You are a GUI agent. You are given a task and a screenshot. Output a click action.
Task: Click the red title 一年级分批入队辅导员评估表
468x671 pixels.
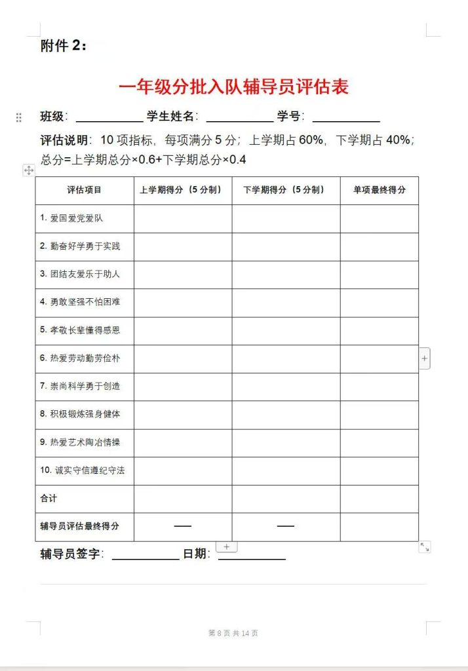233,86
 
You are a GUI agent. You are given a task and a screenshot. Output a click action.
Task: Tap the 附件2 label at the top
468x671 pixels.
64,46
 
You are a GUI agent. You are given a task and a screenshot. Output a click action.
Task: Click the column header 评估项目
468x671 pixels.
85,190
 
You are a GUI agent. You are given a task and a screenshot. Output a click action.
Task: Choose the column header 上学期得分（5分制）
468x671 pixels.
183,190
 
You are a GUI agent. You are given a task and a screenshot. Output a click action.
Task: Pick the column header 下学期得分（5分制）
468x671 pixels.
285,190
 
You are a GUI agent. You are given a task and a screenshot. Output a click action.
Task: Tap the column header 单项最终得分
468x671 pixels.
379,190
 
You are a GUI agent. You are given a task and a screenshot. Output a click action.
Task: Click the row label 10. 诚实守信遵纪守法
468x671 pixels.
82,470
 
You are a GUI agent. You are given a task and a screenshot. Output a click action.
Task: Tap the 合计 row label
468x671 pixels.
49,498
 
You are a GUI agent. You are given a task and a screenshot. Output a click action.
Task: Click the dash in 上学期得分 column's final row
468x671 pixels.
183,526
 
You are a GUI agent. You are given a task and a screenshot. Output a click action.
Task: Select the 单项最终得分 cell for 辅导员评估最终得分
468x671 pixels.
379,526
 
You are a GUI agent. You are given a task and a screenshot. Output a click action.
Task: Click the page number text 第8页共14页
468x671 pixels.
233,633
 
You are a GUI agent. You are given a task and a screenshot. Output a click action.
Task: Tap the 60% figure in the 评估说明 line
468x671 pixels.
311,140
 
